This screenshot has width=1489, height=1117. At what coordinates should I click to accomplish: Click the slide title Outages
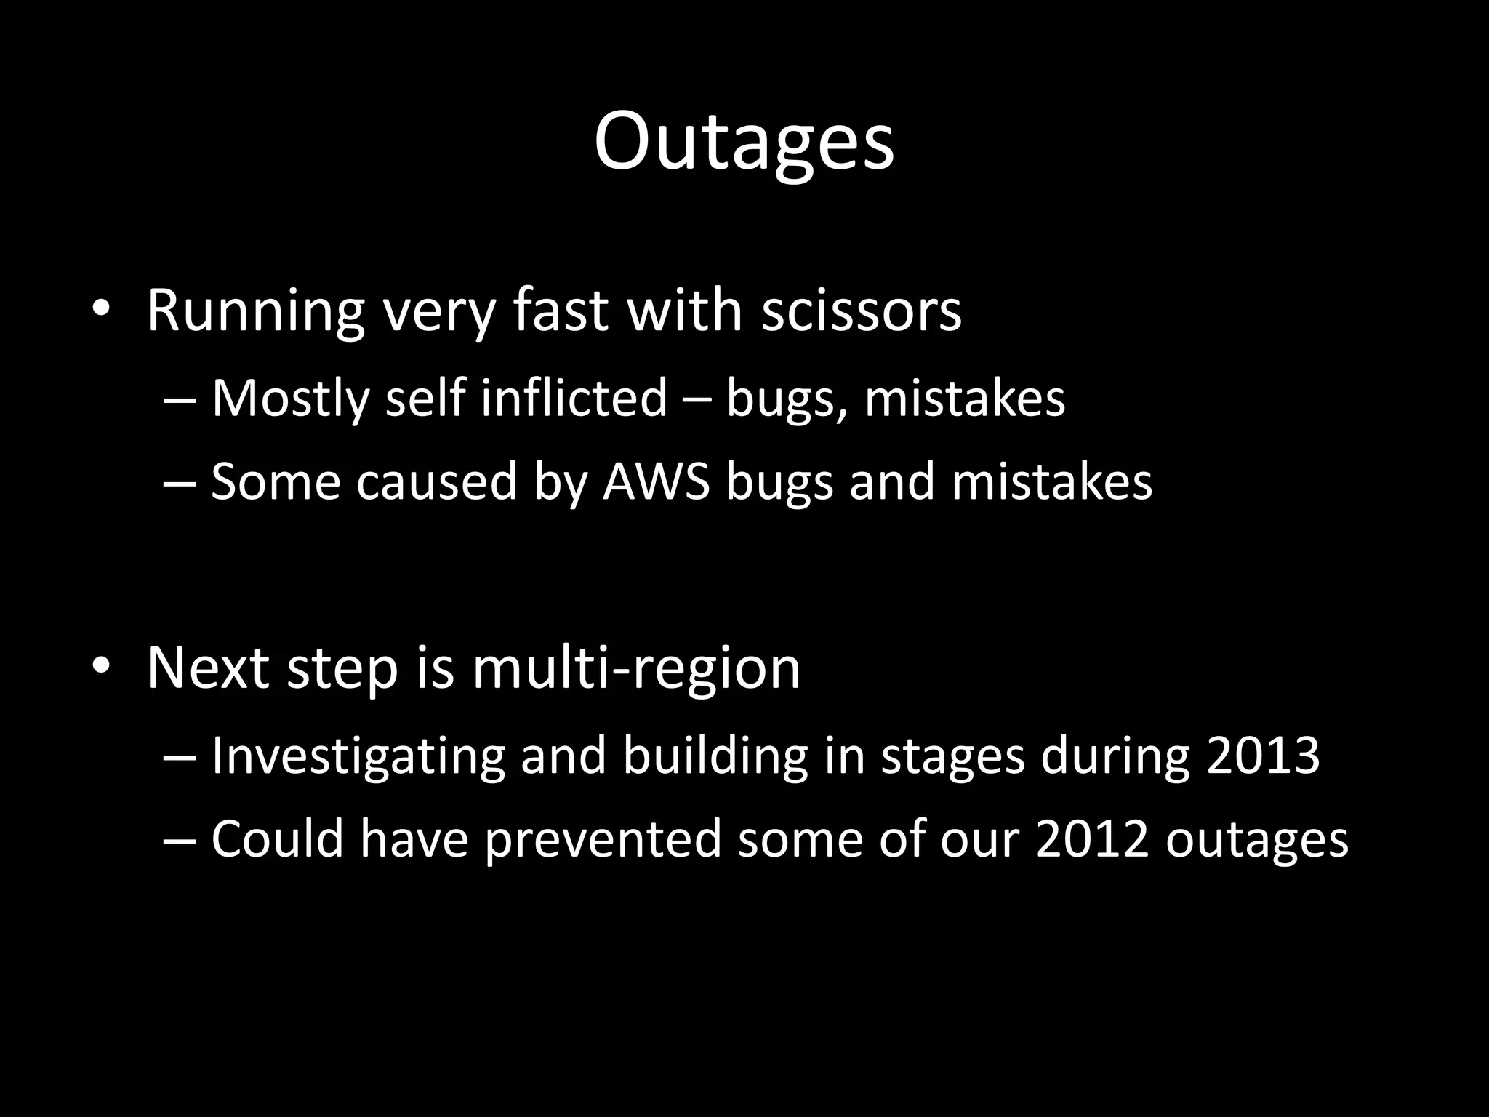744,142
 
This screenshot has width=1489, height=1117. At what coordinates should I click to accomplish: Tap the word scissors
862,311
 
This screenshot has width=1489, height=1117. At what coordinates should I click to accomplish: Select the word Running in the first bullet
255,311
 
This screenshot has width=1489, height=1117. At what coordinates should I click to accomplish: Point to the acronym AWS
656,481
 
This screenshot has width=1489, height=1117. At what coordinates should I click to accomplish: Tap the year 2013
1263,756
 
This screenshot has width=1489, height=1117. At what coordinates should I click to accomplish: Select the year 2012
1091,838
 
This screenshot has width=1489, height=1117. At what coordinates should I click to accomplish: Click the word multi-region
636,668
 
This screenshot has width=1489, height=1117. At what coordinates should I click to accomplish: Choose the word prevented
603,838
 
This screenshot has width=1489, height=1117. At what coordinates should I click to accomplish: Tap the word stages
952,757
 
